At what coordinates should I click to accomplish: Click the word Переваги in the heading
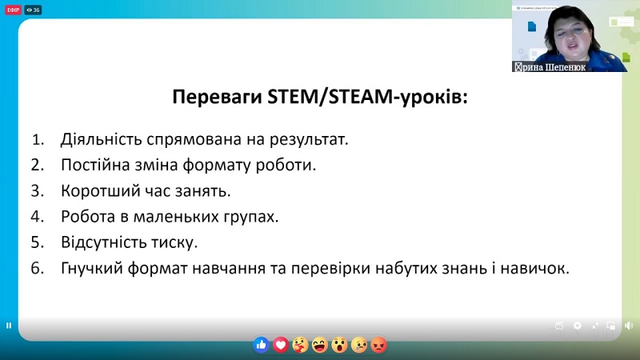(218, 98)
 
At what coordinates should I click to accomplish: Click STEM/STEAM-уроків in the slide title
(367, 97)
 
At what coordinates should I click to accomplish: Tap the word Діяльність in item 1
(102, 139)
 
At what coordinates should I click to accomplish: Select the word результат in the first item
(309, 140)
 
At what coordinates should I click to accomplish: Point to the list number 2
(37, 165)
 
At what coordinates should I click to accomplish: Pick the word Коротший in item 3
(100, 191)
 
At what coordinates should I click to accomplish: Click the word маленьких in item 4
(176, 217)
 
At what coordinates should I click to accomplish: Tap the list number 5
(37, 242)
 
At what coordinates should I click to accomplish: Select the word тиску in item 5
(174, 243)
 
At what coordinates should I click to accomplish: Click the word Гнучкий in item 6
(92, 269)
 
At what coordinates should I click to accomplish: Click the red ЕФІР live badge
(13, 10)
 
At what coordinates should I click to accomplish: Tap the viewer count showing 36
(33, 10)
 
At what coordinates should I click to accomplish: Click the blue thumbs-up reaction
(262, 346)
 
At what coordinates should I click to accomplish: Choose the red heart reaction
(281, 346)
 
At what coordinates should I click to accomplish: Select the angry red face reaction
(379, 346)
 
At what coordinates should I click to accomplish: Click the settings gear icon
(577, 326)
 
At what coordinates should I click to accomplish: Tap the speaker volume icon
(629, 326)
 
